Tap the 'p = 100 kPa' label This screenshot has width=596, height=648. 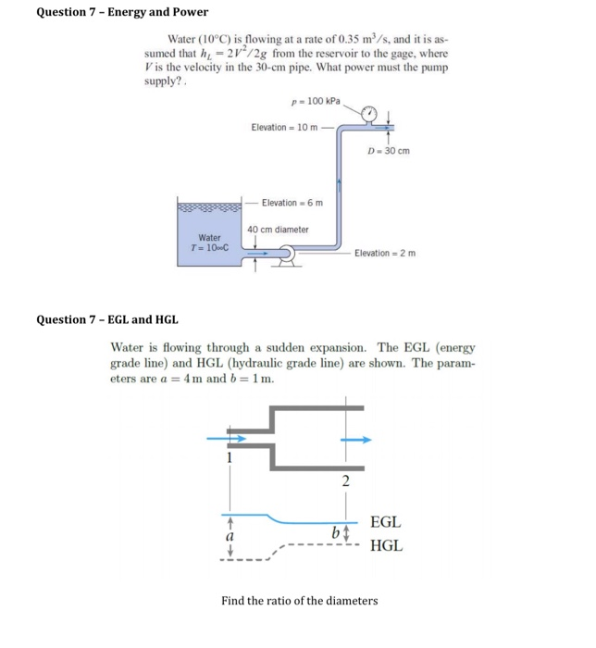[x=315, y=101]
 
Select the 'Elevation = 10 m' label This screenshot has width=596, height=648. [x=283, y=128]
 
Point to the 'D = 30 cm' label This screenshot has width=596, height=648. [x=388, y=151]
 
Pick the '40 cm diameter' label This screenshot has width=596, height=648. [x=278, y=229]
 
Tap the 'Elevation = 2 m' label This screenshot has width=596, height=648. [x=385, y=253]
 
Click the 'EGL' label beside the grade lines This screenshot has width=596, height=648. [x=385, y=523]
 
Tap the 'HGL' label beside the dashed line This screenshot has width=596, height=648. [x=385, y=546]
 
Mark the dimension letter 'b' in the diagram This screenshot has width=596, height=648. [x=333, y=532]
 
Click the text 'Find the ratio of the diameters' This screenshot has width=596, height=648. [x=299, y=601]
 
